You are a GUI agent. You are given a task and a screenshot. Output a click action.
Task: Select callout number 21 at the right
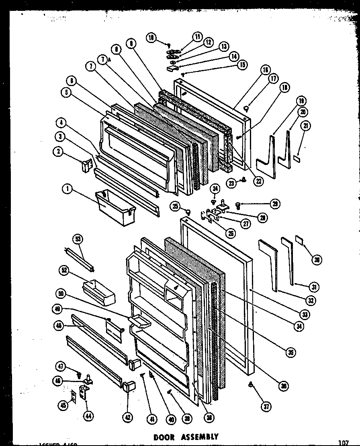tap(306, 126)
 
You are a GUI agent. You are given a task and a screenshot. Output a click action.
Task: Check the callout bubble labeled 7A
tap(103, 60)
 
